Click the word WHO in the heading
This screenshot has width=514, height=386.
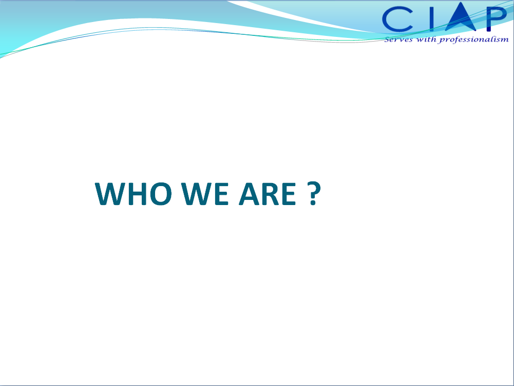pyautogui.click(x=133, y=194)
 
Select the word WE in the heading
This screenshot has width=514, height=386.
pyautogui.click(x=205, y=194)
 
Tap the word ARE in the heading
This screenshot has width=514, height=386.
pyautogui.click(x=268, y=194)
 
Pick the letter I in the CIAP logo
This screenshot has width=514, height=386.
pyautogui.click(x=432, y=19)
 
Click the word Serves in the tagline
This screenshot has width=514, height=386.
pyautogui.click(x=398, y=39)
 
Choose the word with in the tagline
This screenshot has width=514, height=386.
pyautogui.click(x=426, y=39)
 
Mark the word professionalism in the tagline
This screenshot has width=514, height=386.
pyautogui.click(x=473, y=39)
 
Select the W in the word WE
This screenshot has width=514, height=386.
pyautogui.click(x=197, y=194)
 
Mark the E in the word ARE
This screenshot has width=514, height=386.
pyautogui.click(x=290, y=194)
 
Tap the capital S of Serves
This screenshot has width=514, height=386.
pyautogui.click(x=388, y=39)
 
